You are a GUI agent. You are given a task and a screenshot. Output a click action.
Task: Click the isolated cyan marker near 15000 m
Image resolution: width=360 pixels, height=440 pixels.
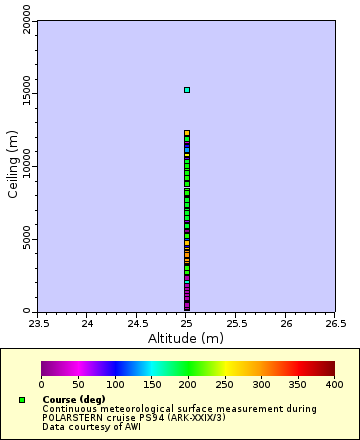pyautogui.click(x=186, y=90)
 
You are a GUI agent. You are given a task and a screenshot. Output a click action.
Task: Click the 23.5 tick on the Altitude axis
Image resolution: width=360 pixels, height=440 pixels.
pyautogui.click(x=38, y=323)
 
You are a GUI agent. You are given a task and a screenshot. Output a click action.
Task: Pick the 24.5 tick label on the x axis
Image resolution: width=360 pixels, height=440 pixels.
pyautogui.click(x=137, y=323)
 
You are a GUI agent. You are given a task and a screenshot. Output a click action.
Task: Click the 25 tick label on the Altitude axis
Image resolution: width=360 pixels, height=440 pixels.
pyautogui.click(x=186, y=323)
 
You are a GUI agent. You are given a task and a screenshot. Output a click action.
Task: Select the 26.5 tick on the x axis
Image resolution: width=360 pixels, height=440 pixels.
pyautogui.click(x=335, y=323)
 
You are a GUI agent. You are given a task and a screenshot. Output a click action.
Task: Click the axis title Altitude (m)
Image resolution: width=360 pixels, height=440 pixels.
pyautogui.click(x=186, y=338)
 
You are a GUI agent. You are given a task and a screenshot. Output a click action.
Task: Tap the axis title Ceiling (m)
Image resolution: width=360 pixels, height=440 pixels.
pyautogui.click(x=13, y=167)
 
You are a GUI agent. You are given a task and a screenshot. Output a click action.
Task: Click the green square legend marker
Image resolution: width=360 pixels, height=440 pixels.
pyautogui.click(x=22, y=400)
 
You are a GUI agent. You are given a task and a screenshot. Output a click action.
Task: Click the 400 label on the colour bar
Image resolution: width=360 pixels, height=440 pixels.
pyautogui.click(x=334, y=384)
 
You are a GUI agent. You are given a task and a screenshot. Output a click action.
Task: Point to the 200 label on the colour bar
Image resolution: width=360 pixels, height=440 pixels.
pyautogui.click(x=187, y=384)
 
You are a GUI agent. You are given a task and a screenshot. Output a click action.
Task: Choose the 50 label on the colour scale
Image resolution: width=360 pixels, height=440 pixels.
pyautogui.click(x=78, y=384)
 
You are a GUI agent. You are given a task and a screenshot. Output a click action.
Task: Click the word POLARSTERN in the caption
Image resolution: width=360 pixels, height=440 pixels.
pyautogui.click(x=71, y=417)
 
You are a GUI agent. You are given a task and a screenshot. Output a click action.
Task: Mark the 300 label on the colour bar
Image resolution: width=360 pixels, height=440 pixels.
pyautogui.click(x=261, y=384)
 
